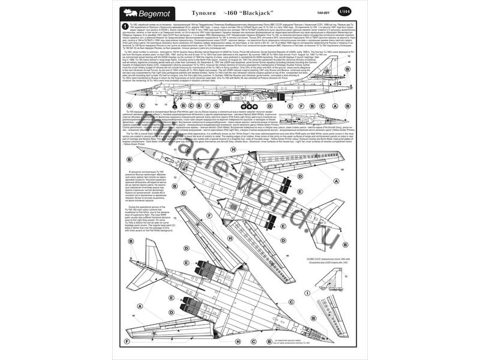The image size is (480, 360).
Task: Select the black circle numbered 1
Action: [123, 28]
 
